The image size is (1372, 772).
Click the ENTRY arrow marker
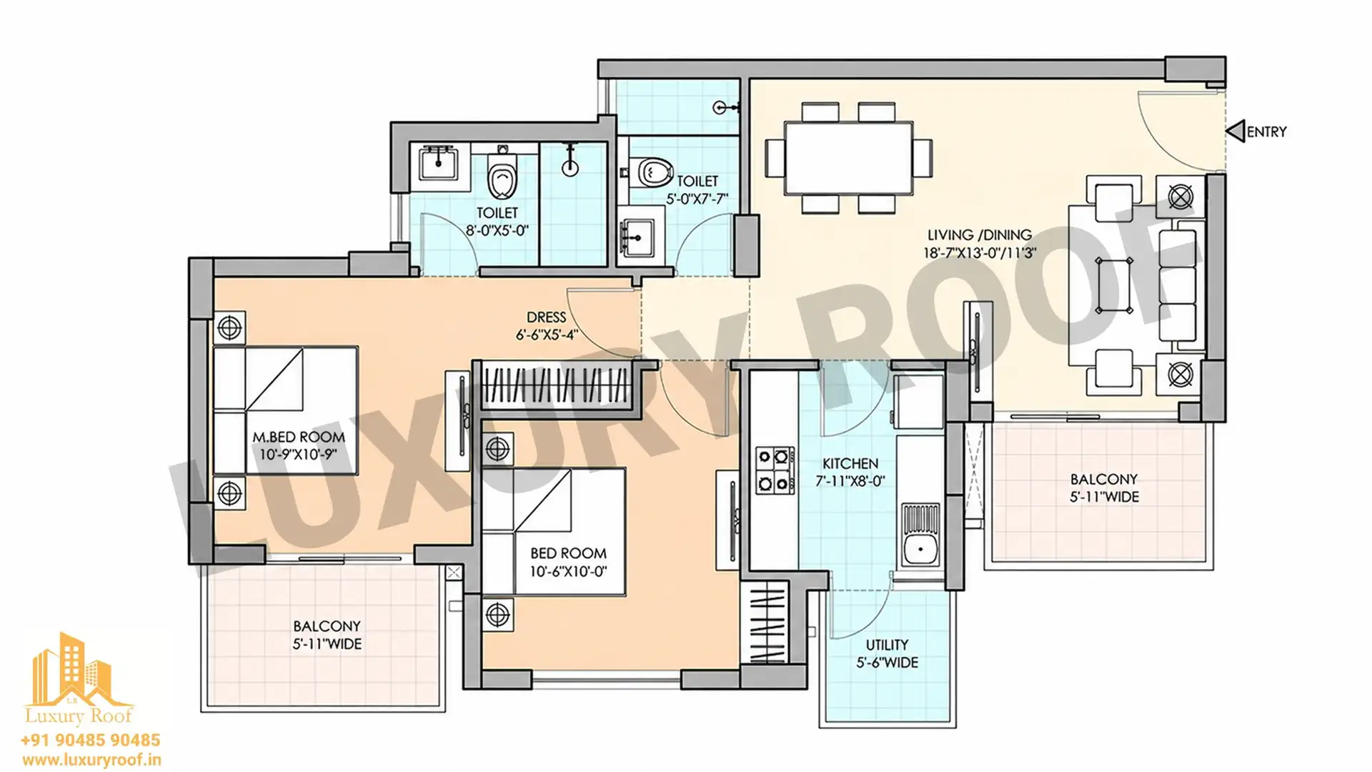pos(1235,131)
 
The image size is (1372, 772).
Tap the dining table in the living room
pos(848,158)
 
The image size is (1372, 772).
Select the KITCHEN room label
pos(850,463)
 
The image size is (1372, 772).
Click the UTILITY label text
pos(888,644)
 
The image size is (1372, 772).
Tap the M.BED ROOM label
pos(299,437)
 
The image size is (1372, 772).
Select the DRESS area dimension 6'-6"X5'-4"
pos(547,335)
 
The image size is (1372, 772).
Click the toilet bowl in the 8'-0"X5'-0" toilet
pos(502,176)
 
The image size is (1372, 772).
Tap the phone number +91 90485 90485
pos(91,740)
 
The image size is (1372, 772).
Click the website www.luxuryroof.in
pos(91,760)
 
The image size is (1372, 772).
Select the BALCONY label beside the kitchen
pos(1104,479)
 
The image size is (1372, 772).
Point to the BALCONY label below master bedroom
pos(327,625)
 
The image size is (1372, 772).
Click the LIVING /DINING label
pos(980,234)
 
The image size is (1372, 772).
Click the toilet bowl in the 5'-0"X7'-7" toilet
pos(652,172)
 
